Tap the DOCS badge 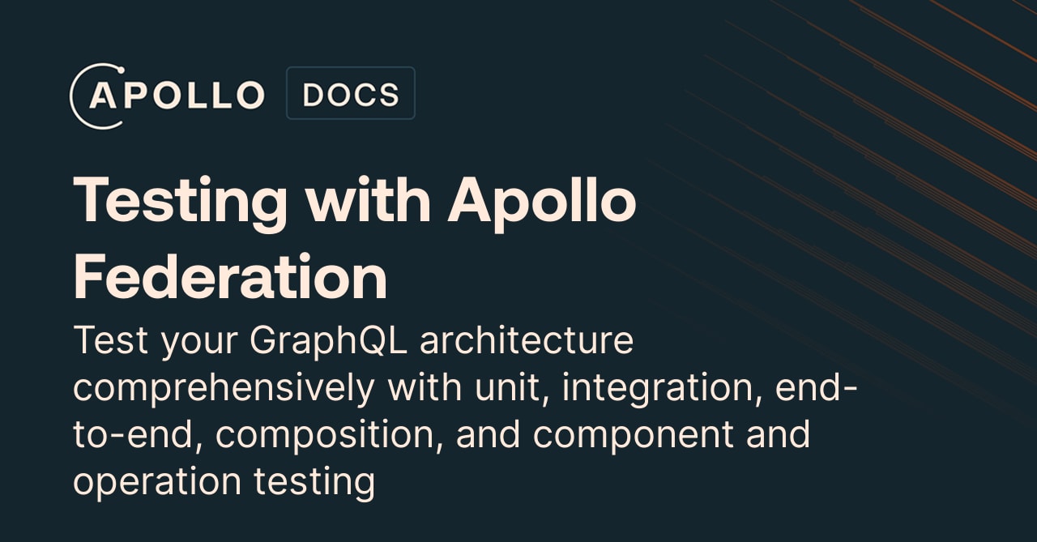coord(350,94)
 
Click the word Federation coord(230,276)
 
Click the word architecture coord(527,341)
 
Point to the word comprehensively coord(224,388)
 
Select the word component coord(634,434)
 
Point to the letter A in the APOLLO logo coord(105,96)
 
